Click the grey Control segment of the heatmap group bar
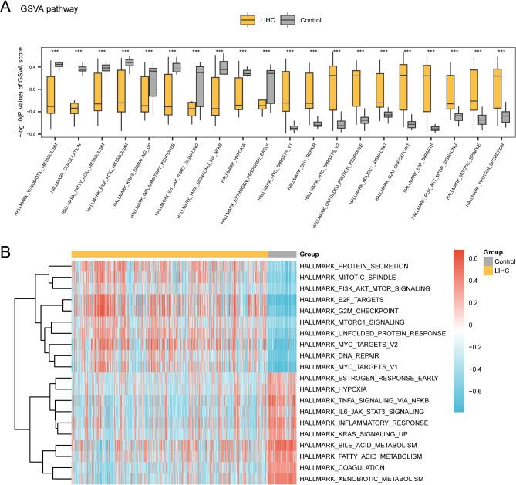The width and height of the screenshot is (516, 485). pos(282,254)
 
